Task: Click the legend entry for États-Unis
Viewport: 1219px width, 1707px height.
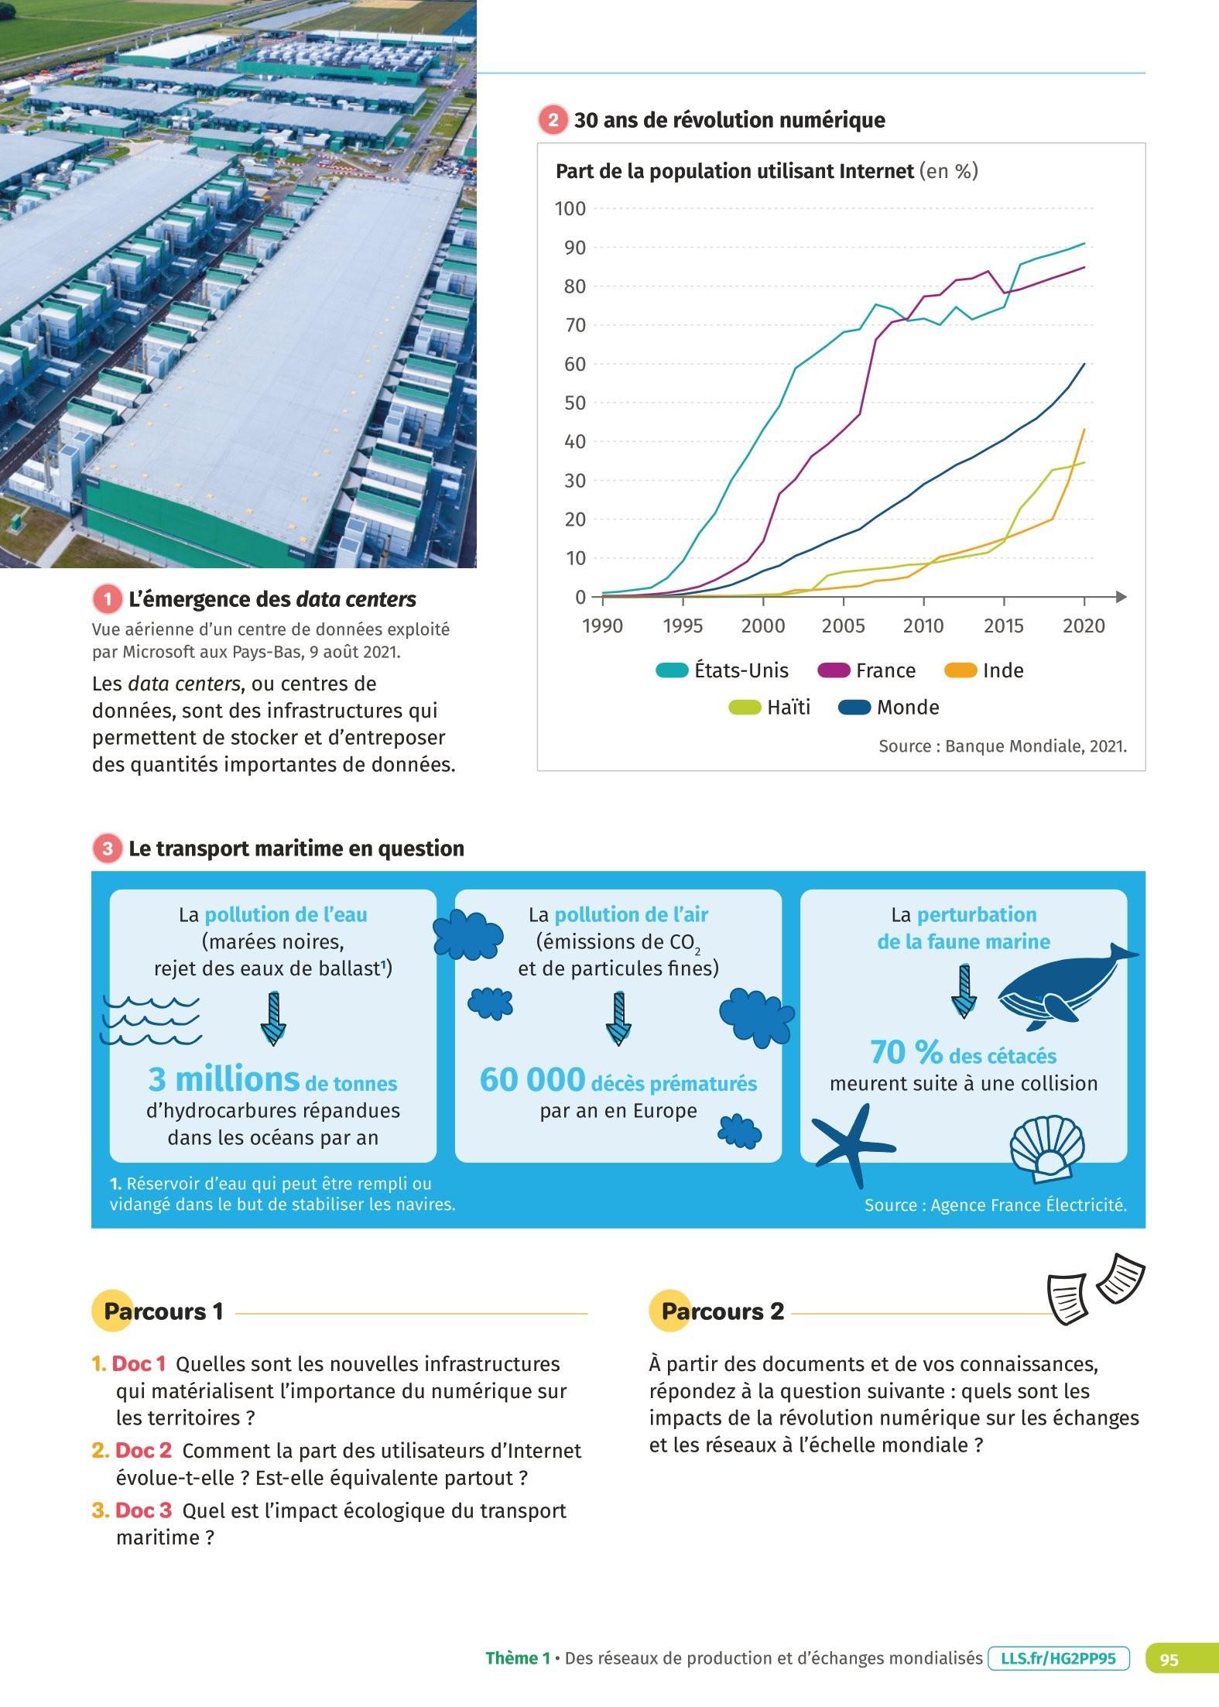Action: [x=711, y=670]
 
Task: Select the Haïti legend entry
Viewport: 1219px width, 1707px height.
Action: [x=769, y=708]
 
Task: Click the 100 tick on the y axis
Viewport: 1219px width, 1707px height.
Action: [x=570, y=208]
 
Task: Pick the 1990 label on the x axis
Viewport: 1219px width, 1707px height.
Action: [x=602, y=626]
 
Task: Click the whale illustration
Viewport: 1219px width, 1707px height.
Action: [x=1067, y=987]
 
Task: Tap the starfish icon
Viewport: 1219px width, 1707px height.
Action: [x=853, y=1145]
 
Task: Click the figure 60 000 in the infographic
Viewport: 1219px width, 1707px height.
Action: [x=532, y=1080]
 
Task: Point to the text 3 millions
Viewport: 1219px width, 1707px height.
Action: [x=224, y=1079]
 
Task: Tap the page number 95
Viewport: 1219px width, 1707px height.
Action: [x=1169, y=1659]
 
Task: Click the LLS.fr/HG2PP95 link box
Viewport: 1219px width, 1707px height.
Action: [x=1058, y=1658]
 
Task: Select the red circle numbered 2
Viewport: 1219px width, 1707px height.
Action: [x=553, y=121]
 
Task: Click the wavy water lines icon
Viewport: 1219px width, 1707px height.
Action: [x=152, y=1020]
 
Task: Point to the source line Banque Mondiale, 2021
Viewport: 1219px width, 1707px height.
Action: [x=1002, y=746]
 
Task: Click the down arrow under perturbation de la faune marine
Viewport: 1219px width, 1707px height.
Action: [x=964, y=991]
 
